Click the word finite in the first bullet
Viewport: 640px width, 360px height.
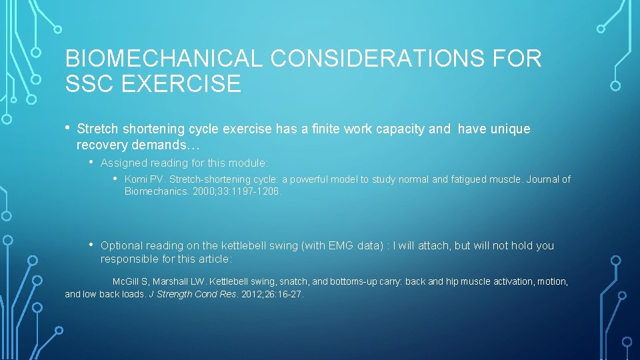(x=323, y=129)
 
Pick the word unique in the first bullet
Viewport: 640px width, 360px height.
(x=510, y=129)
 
